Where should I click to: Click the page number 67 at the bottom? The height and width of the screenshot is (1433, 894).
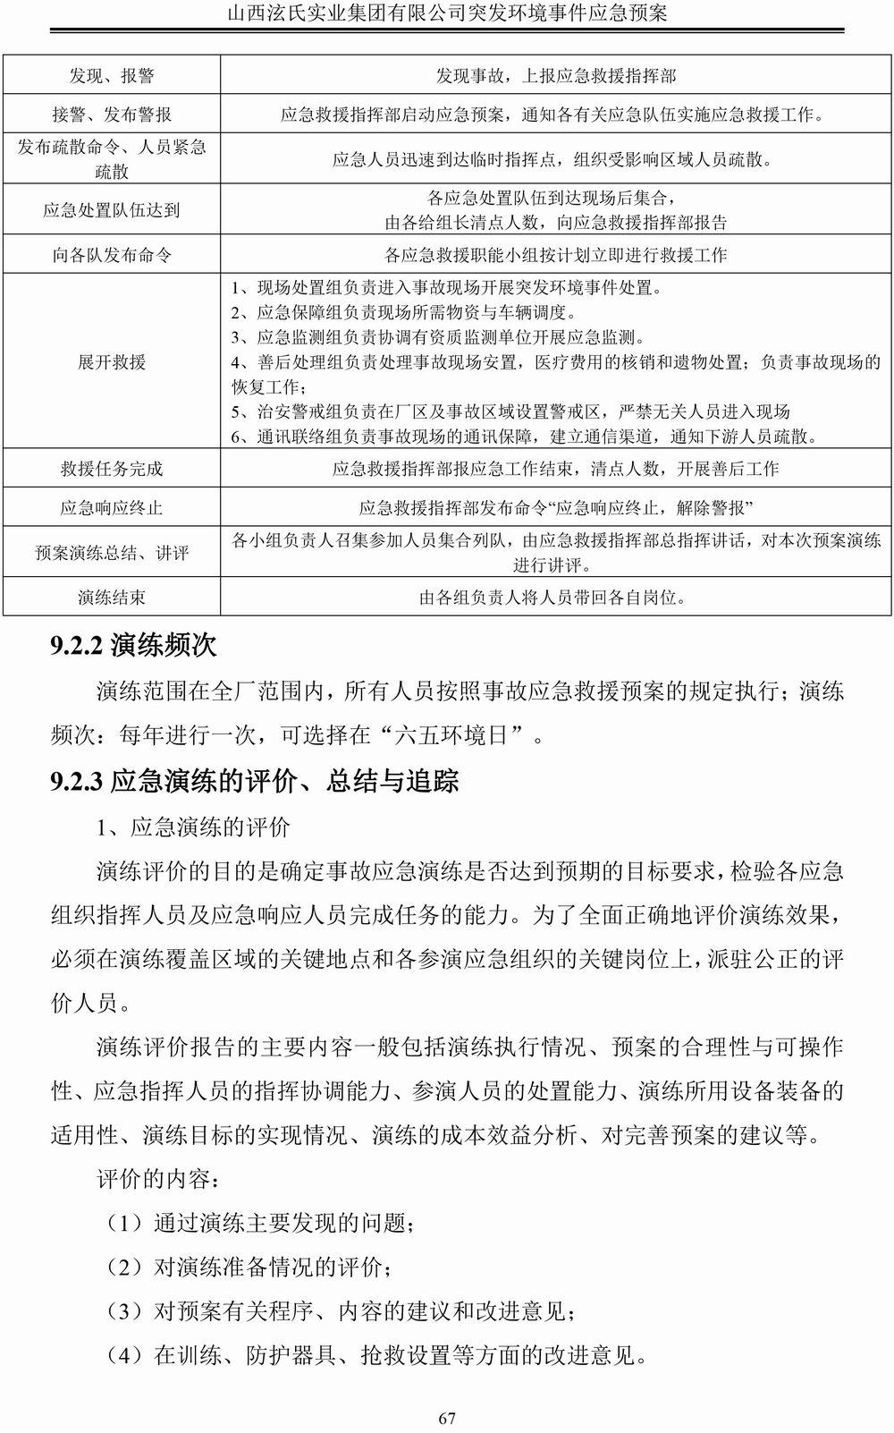click(x=447, y=1418)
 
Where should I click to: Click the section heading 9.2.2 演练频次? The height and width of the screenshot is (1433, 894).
click(x=134, y=645)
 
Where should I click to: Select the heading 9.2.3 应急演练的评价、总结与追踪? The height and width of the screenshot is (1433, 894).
click(x=255, y=781)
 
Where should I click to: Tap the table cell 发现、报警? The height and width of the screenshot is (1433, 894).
click(x=112, y=77)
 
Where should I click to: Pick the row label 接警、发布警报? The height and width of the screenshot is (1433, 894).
click(x=112, y=114)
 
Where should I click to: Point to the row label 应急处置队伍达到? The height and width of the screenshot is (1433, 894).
click(x=112, y=210)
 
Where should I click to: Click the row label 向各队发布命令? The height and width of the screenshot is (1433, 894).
click(x=112, y=255)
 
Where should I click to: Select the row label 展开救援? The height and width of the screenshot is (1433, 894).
click(x=112, y=362)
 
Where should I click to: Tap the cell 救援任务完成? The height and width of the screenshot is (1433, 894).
click(x=112, y=469)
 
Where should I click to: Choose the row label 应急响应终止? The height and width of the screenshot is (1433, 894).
click(x=112, y=508)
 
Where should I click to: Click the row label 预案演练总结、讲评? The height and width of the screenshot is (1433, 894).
click(x=112, y=553)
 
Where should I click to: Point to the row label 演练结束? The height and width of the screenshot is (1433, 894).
click(x=112, y=597)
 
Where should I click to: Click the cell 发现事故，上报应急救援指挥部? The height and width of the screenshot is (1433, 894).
click(x=555, y=77)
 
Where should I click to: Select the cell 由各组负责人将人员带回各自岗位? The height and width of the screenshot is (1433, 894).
click(x=555, y=597)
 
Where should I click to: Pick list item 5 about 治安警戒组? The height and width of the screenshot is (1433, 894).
click(x=510, y=411)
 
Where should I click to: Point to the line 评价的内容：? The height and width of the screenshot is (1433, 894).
click(x=157, y=1179)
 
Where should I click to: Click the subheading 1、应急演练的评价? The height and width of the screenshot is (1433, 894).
click(x=193, y=827)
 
